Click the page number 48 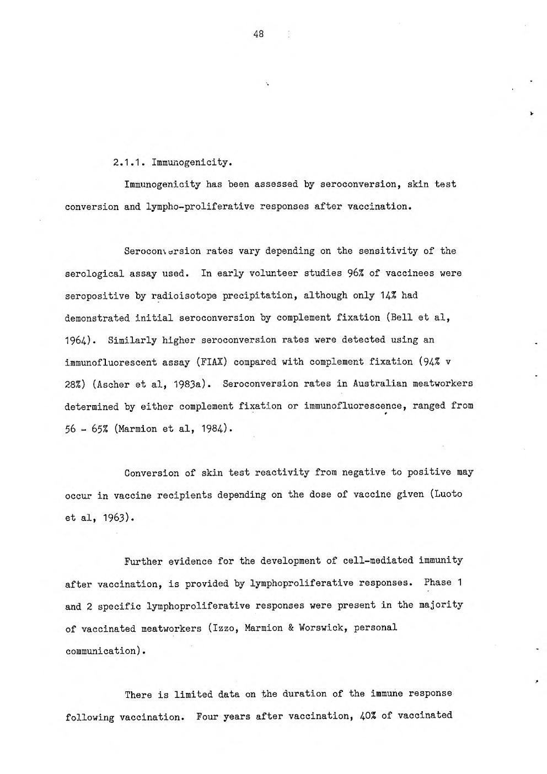tap(259, 34)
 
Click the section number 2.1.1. tap(127, 163)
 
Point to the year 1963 tap(114, 518)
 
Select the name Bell tap(401, 318)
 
